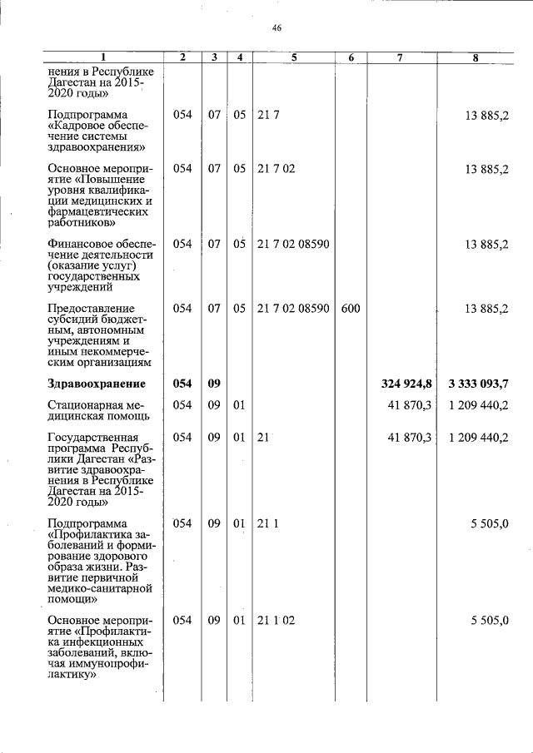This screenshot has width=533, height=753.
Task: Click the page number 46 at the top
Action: click(x=276, y=28)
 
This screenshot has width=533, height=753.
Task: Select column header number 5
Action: click(x=294, y=57)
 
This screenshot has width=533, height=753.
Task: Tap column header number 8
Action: click(x=476, y=57)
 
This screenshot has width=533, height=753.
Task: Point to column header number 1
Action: click(x=103, y=57)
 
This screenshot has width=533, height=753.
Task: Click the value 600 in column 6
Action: click(x=351, y=309)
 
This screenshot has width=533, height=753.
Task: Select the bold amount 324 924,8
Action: click(x=407, y=384)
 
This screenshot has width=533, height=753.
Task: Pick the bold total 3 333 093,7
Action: click(x=478, y=384)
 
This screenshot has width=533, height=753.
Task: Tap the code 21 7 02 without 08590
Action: click(x=276, y=168)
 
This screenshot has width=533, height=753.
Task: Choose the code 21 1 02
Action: click(x=276, y=621)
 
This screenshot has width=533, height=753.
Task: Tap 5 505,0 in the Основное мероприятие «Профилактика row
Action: click(x=489, y=621)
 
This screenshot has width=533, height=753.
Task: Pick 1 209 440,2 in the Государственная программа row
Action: click(x=478, y=437)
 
